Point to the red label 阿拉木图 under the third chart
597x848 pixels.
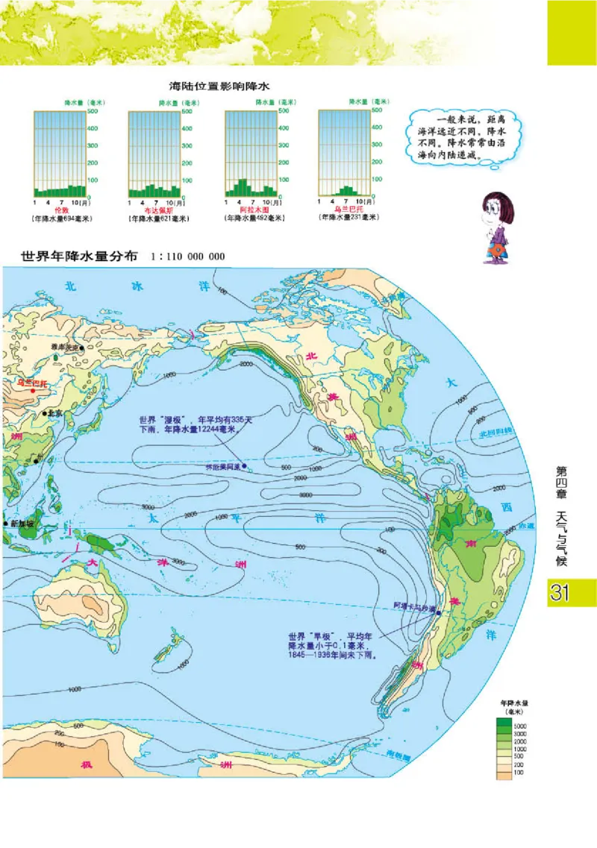click(249, 211)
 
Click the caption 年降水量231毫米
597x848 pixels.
click(348, 217)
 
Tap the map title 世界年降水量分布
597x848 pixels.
click(79, 256)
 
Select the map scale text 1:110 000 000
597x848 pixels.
click(187, 257)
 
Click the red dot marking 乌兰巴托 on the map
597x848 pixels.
click(32, 389)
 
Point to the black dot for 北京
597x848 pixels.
click(45, 413)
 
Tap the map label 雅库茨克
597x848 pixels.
click(66, 347)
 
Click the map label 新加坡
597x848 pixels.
click(23, 524)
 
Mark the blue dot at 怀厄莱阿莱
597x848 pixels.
click(244, 468)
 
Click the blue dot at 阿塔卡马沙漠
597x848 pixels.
click(439, 613)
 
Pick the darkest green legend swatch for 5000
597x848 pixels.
click(505, 724)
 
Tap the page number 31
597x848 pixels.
click(561, 594)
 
